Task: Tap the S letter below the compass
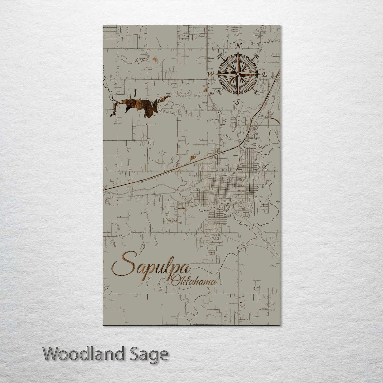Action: (x=238, y=101)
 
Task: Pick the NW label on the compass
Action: (x=219, y=56)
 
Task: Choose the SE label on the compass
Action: (x=256, y=93)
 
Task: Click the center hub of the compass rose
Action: (x=238, y=74)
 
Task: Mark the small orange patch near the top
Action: (x=154, y=59)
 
